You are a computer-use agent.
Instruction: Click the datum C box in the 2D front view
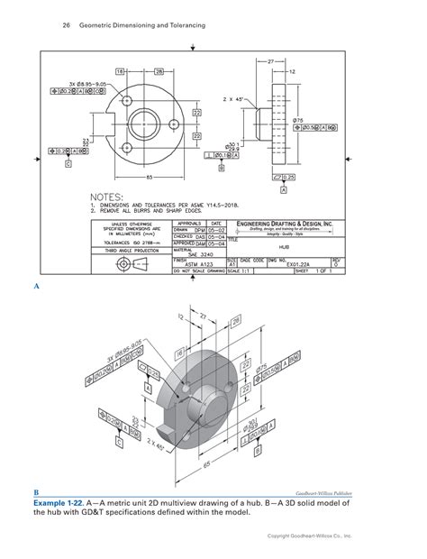point(68,165)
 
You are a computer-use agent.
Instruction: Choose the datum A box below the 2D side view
point(284,190)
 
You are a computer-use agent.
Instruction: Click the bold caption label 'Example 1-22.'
point(68,504)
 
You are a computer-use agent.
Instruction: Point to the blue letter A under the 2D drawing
point(37,286)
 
